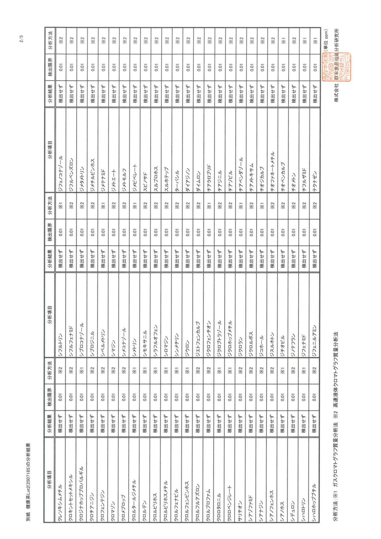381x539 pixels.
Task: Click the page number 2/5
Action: click(x=21, y=39)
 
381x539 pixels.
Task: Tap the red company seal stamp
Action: click(x=336, y=67)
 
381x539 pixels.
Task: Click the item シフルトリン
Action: click(x=60, y=341)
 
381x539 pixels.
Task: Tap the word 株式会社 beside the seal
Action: click(x=336, y=93)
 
